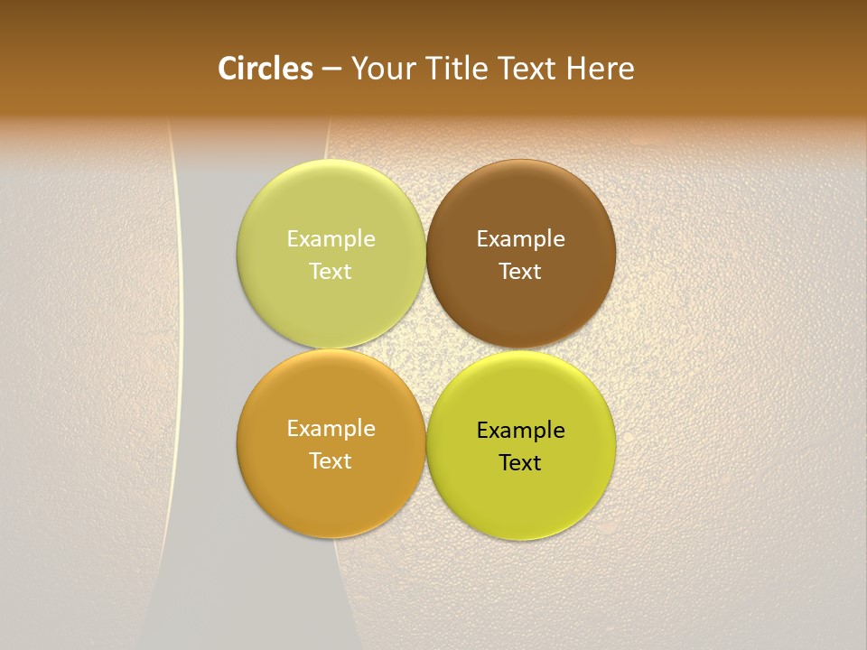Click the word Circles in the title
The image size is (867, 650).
(266, 69)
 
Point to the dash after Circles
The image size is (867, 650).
(331, 70)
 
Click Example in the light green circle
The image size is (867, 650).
(331, 239)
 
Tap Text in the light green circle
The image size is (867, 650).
(331, 272)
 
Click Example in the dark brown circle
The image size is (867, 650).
(520, 239)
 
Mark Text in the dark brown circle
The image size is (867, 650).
(520, 272)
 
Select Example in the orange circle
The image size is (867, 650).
(331, 429)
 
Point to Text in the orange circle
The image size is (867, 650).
(331, 461)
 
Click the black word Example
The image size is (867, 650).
(520, 431)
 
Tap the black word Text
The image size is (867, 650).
(520, 463)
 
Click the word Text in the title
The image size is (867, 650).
(527, 69)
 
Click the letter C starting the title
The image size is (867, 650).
(228, 69)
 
